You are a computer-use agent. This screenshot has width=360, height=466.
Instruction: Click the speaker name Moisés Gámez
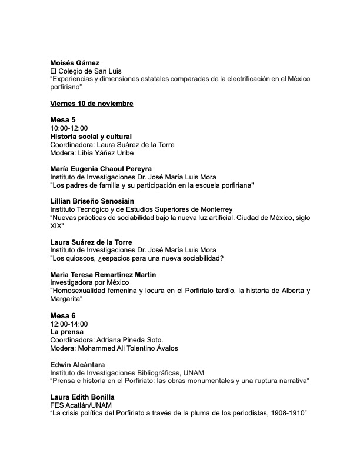tap(75, 63)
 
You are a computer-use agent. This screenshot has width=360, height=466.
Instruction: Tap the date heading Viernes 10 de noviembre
tap(92, 104)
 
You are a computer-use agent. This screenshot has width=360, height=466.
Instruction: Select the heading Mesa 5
tap(63, 120)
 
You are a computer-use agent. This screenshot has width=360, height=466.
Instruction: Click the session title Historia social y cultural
tap(91, 137)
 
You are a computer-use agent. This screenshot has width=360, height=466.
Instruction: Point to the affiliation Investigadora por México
tap(88, 283)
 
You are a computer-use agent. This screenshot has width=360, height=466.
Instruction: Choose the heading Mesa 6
tap(63, 315)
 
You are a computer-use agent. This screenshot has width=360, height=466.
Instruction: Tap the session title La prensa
tap(66, 332)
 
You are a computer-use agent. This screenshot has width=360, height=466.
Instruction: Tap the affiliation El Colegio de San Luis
tap(86, 71)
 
